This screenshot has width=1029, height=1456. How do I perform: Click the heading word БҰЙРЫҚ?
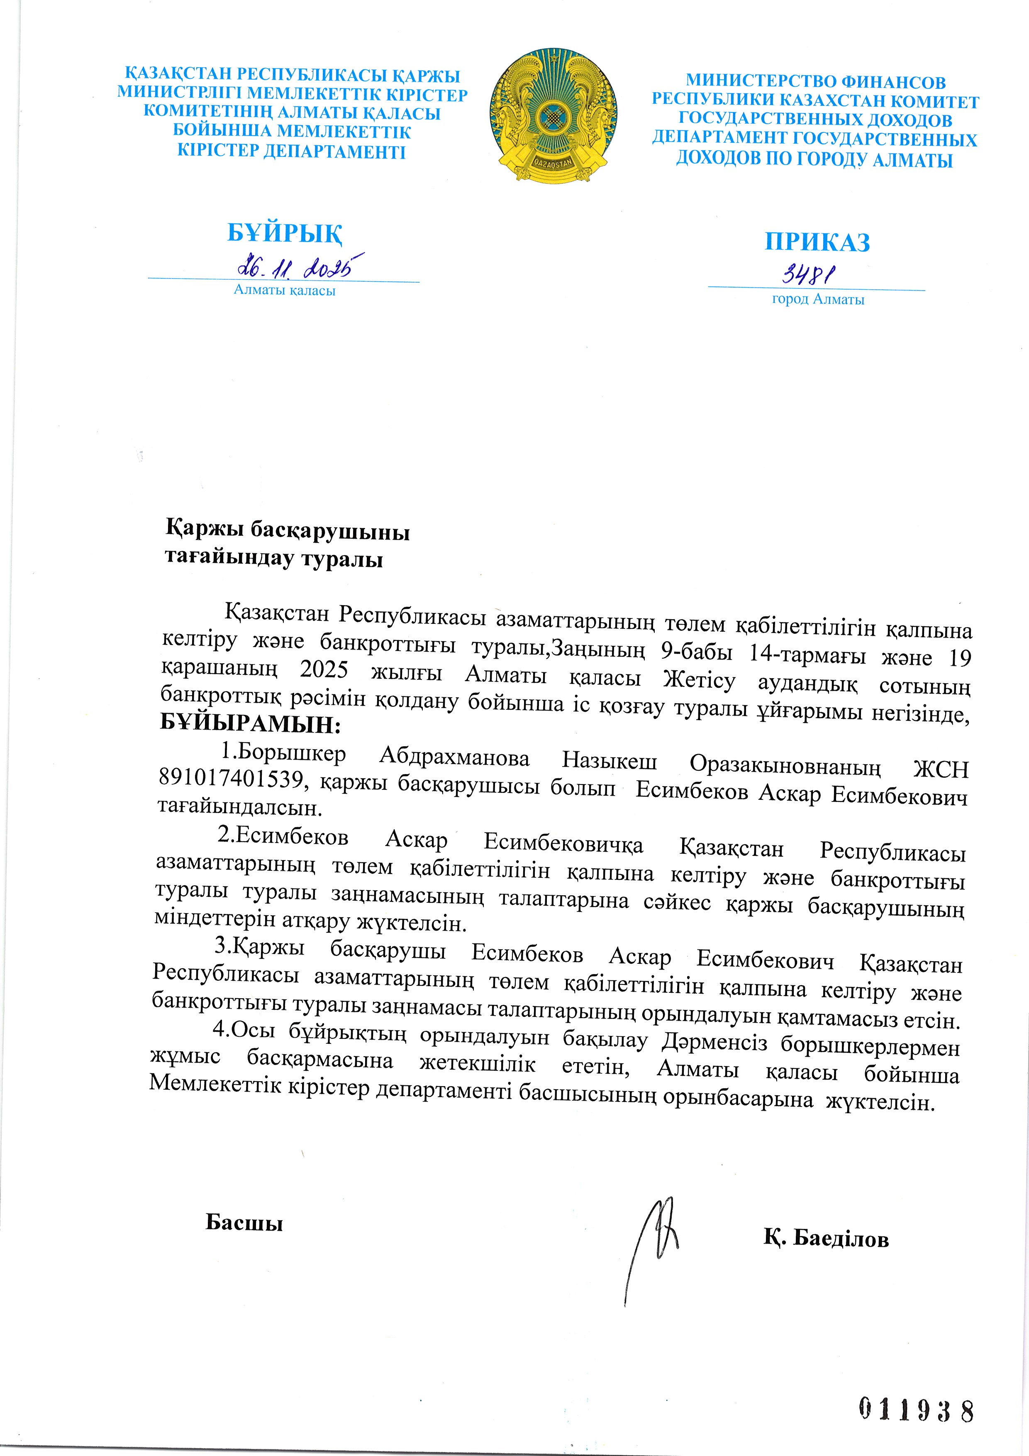pos(285,233)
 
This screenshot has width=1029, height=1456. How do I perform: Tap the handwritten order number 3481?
pos(808,274)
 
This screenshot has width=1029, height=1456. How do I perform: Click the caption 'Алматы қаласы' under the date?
pos(285,291)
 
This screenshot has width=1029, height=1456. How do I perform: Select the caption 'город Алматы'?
pos(818,299)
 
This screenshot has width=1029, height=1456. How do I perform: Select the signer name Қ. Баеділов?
pos(826,1239)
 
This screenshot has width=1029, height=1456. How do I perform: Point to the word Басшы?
pos(244,1222)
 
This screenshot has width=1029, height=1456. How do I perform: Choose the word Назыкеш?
pos(609,762)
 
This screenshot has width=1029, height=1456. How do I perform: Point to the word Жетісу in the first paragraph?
pos(699,680)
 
